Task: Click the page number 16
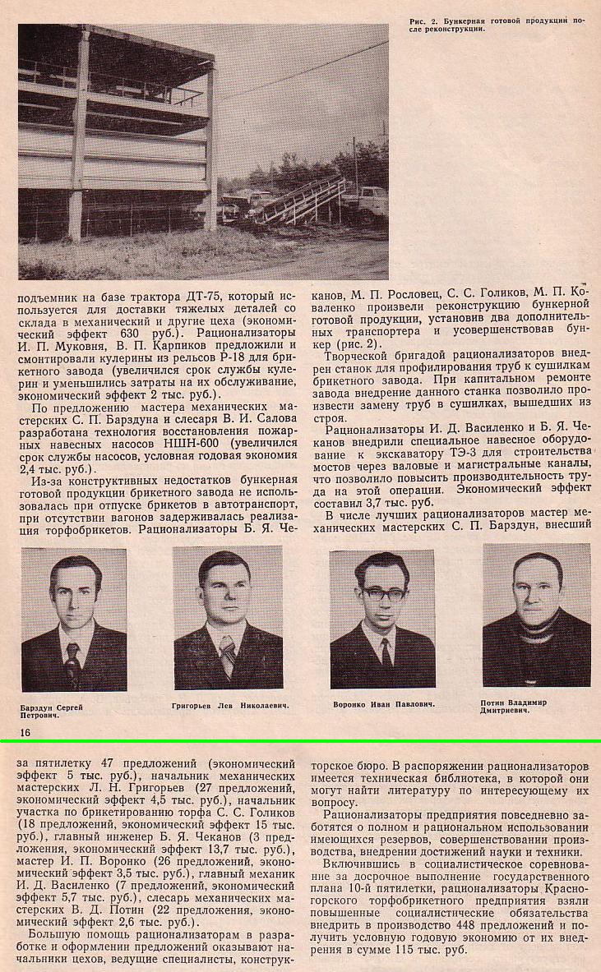pos(22,731)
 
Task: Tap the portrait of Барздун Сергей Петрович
pos(74,620)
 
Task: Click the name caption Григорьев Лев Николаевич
pos(233,706)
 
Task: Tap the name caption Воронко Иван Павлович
pos(384,705)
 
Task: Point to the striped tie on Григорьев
pos(228,654)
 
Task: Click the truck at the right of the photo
pos(368,201)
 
